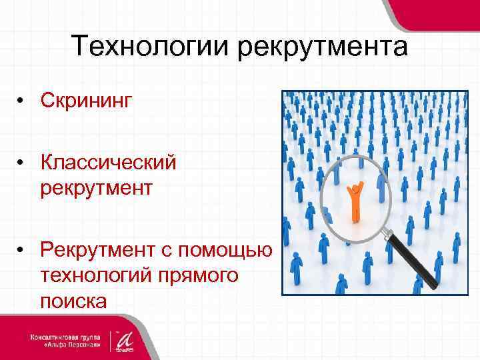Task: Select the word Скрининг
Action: [x=87, y=101]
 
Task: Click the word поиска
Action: [x=73, y=300]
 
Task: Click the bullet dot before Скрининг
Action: [x=22, y=101]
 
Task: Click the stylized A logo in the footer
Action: [x=124, y=339]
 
